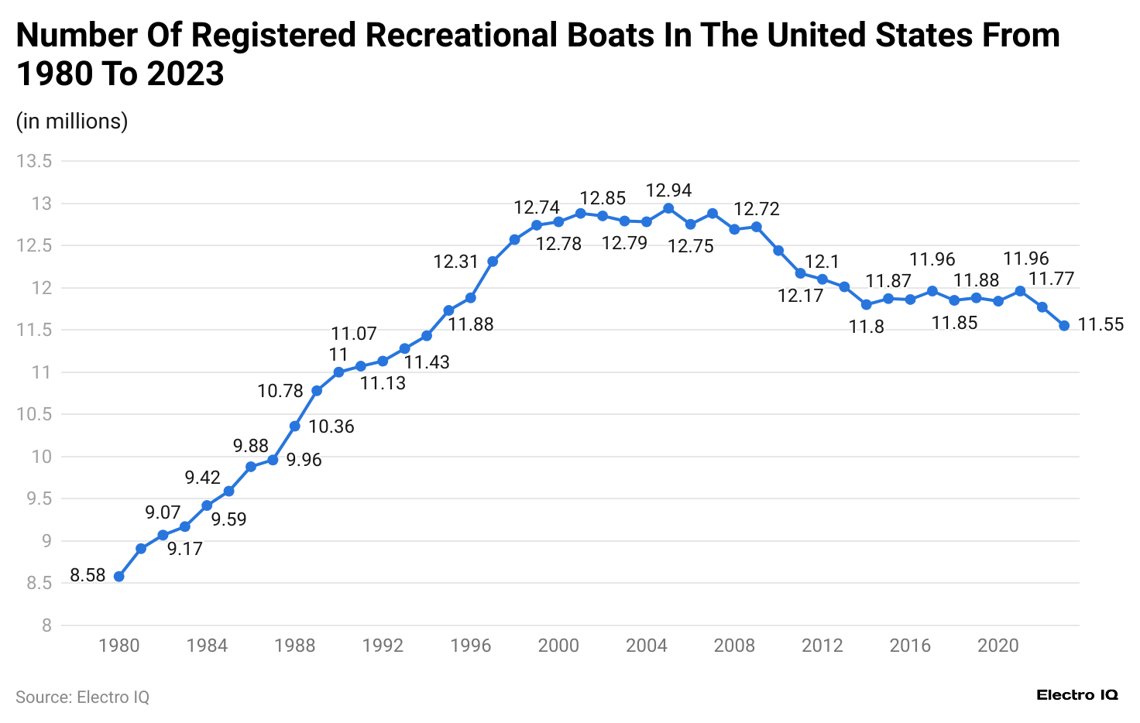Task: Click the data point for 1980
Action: coord(118,577)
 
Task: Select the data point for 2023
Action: coord(1064,326)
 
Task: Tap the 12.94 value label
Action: coord(668,190)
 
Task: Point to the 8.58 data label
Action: coord(88,575)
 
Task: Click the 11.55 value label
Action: coord(1101,325)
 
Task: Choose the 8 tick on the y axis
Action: coord(46,625)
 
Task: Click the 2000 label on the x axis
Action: coord(558,646)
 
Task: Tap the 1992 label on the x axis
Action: coord(383,646)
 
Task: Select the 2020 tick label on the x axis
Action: coord(998,646)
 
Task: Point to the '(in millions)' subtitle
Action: coord(72,122)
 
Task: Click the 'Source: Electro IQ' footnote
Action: coord(82,697)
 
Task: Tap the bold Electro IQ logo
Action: coord(1077,695)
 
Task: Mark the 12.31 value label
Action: coord(456,262)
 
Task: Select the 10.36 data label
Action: coord(331,427)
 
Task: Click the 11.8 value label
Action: coord(866,327)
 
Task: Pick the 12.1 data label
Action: coord(822,262)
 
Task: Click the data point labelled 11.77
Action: coord(1042,307)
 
